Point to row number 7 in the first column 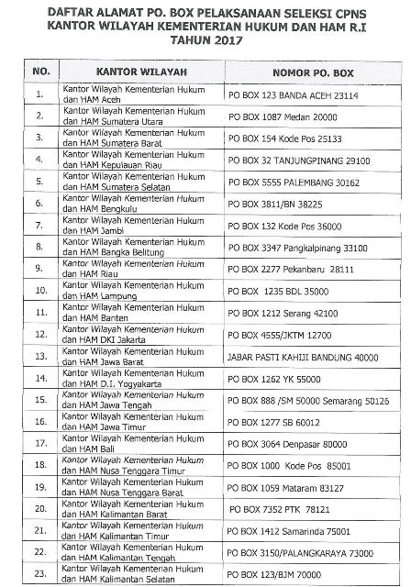[x=39, y=225]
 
